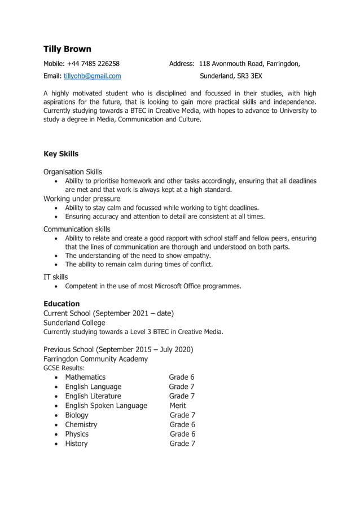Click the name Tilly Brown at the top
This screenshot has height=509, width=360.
coord(67,49)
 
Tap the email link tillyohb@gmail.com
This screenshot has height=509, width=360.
coord(92,76)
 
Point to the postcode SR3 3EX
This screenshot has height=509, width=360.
coord(249,76)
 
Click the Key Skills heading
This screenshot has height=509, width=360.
coord(61,154)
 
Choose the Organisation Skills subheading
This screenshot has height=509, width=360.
coord(73,172)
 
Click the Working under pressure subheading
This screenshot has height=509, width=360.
coord(82,199)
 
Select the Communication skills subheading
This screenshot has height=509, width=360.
coord(77,229)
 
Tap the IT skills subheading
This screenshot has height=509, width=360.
coord(55,277)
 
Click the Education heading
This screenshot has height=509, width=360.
coord(62,304)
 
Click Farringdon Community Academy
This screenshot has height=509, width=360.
coord(95,359)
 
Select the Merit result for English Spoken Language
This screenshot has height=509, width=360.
coord(178,406)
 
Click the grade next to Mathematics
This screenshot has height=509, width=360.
coord(182,377)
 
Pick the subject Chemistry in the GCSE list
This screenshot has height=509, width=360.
coord(81,424)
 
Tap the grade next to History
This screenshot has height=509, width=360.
coord(182,444)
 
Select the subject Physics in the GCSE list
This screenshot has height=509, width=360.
coord(77,434)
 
